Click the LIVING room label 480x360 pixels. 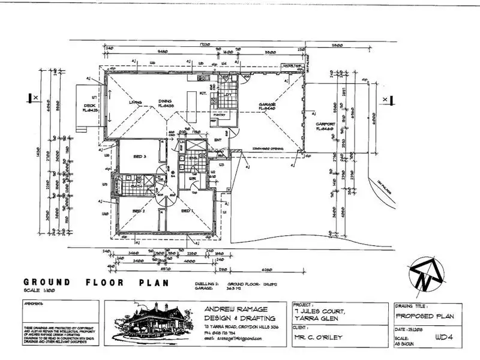136,103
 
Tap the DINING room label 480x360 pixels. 165,101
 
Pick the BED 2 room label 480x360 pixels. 139,211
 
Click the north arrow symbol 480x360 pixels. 425,273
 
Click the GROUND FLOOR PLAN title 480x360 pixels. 96,282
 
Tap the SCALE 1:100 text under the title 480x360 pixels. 39,290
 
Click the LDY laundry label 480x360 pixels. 228,95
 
